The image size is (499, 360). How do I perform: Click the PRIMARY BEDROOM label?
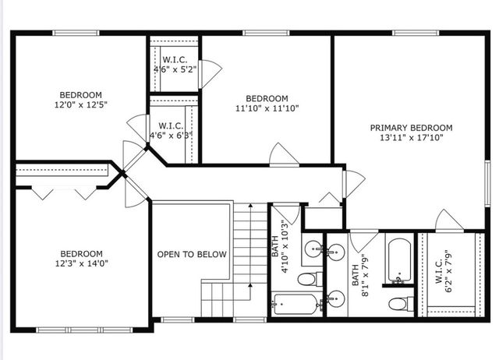point(411,128)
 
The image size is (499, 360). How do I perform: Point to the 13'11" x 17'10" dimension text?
point(412,138)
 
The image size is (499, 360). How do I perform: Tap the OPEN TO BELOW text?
point(192,255)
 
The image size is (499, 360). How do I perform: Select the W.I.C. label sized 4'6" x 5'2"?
point(175,60)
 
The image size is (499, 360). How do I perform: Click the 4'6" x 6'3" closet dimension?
point(172,136)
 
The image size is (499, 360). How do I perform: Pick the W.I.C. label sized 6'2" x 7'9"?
point(438,271)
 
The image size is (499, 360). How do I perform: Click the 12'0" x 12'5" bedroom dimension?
point(81,104)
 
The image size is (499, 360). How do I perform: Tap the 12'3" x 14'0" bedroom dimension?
point(82,263)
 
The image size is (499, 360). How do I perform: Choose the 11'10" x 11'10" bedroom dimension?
point(267,108)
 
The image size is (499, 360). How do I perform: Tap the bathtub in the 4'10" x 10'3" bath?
point(296,305)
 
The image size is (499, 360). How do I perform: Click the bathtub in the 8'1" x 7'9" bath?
point(399,260)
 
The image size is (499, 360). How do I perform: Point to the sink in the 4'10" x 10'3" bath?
point(313,249)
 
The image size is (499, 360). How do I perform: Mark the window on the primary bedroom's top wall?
point(416,33)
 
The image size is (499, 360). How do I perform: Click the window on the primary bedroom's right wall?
point(487,183)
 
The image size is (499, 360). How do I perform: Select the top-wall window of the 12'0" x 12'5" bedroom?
point(76,33)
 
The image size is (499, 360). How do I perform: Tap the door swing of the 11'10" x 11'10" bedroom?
point(284,155)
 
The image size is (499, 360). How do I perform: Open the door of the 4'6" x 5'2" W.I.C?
point(210,74)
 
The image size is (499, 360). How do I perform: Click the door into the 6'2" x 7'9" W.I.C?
point(449,221)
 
